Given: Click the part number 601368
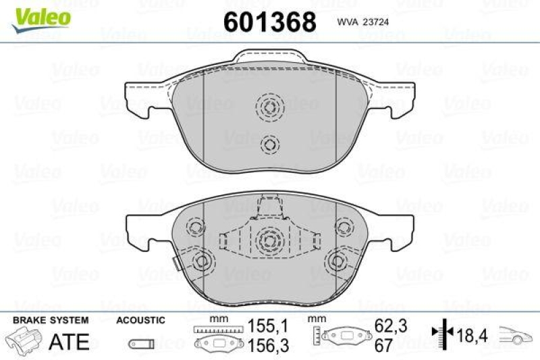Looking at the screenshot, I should [x=269, y=22].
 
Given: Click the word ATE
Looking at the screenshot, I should [x=70, y=341].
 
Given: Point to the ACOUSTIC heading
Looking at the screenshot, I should [x=140, y=319].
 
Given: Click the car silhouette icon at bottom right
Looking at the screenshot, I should [x=516, y=334].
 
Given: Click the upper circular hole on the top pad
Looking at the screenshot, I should [x=269, y=107].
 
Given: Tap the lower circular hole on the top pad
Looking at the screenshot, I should [x=269, y=144].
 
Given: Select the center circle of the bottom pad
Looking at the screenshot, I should [x=269, y=240].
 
